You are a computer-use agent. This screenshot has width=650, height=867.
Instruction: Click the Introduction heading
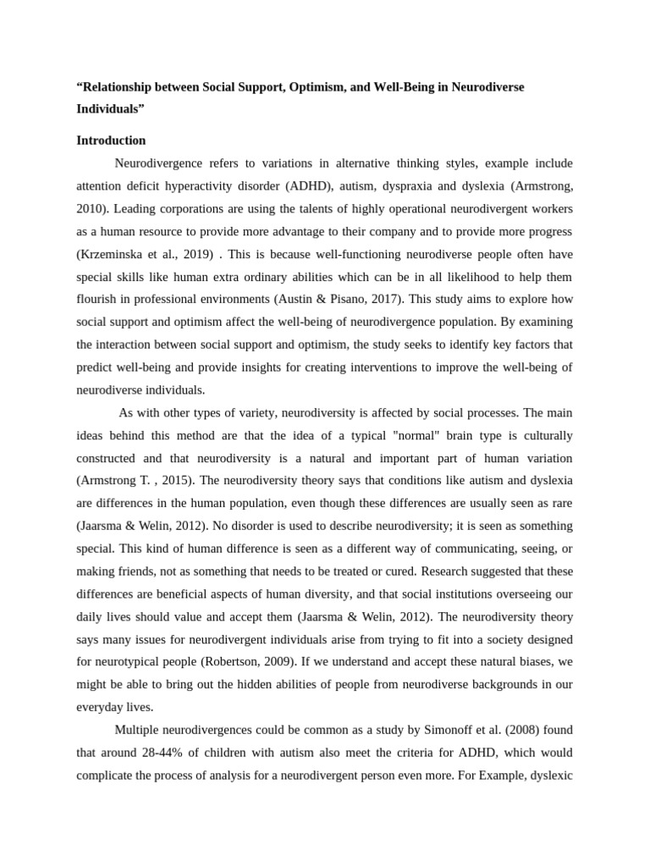pyautogui.click(x=111, y=141)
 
